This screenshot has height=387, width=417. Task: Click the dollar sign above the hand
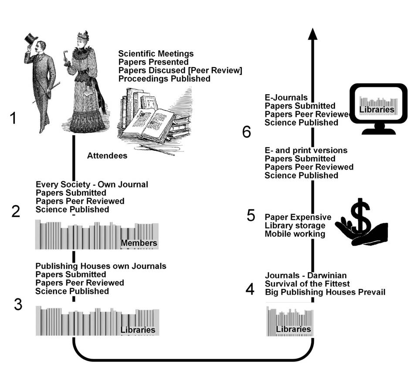(x=361, y=216)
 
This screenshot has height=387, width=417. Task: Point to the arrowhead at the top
(x=312, y=34)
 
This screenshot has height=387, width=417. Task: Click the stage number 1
(x=14, y=118)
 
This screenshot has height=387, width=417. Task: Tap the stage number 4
(x=250, y=289)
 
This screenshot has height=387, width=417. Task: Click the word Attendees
(x=107, y=155)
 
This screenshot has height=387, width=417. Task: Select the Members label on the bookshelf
(x=139, y=243)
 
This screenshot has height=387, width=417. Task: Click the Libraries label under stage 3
(x=138, y=330)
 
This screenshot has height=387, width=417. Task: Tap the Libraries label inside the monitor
(x=377, y=110)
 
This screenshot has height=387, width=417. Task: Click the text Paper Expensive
(x=298, y=217)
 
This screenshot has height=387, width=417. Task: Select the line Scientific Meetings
(x=156, y=54)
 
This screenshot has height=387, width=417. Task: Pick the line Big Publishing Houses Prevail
(x=325, y=292)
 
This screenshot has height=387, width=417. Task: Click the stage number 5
(x=251, y=216)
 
